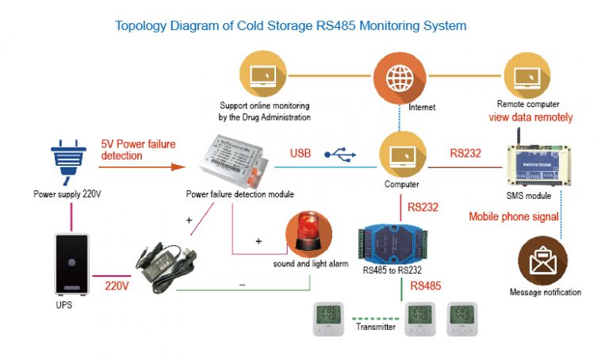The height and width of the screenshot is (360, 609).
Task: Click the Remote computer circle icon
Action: click(527, 76)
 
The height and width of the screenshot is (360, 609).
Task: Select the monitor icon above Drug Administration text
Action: click(263, 76)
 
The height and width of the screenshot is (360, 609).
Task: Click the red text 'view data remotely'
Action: click(530, 117)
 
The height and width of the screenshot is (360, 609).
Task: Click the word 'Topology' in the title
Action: click(142, 25)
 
